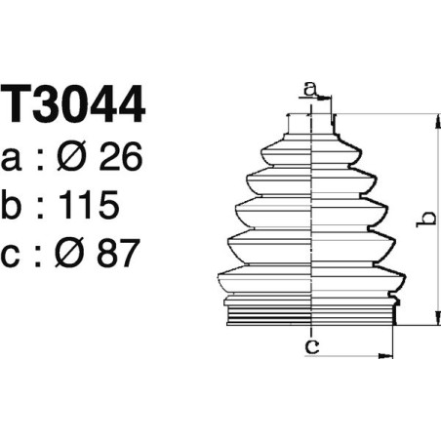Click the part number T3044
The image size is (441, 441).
74,105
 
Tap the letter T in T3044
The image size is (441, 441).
19,105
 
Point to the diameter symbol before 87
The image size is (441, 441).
73,255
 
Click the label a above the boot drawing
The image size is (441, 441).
310,90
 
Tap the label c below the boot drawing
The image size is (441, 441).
310,346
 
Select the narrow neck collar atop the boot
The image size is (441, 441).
310,125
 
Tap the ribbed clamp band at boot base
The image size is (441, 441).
310,315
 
